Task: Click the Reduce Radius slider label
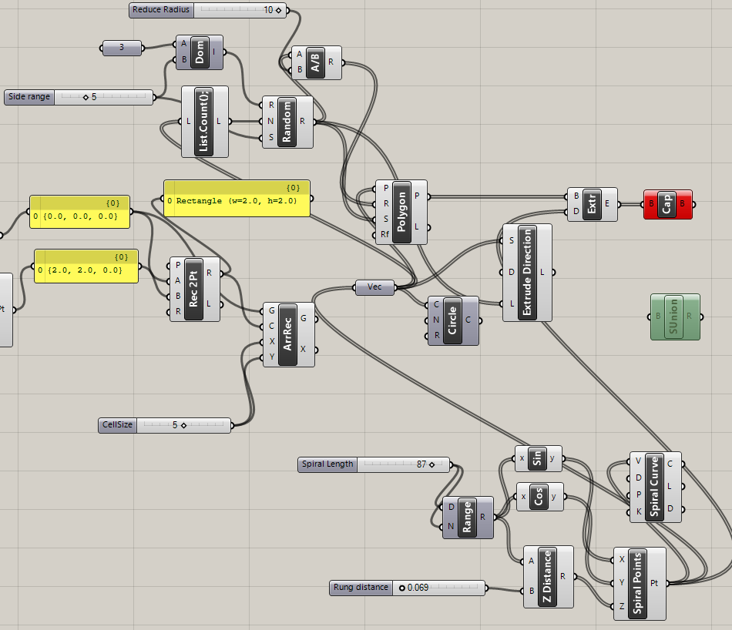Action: pos(161,10)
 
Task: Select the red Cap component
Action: pos(667,205)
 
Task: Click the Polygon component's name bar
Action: pos(401,212)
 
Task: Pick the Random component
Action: pos(287,122)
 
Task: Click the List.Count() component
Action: pos(205,122)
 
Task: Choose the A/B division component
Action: pos(314,62)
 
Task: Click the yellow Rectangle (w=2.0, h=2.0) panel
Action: pos(237,199)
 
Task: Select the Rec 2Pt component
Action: pos(194,289)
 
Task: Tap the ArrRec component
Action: pos(287,333)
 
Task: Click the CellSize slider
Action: pos(165,425)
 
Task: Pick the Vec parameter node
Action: pos(374,287)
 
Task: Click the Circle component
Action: pos(452,320)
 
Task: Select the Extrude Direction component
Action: pos(528,273)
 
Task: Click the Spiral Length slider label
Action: pos(327,464)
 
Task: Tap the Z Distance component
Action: pos(548,576)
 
